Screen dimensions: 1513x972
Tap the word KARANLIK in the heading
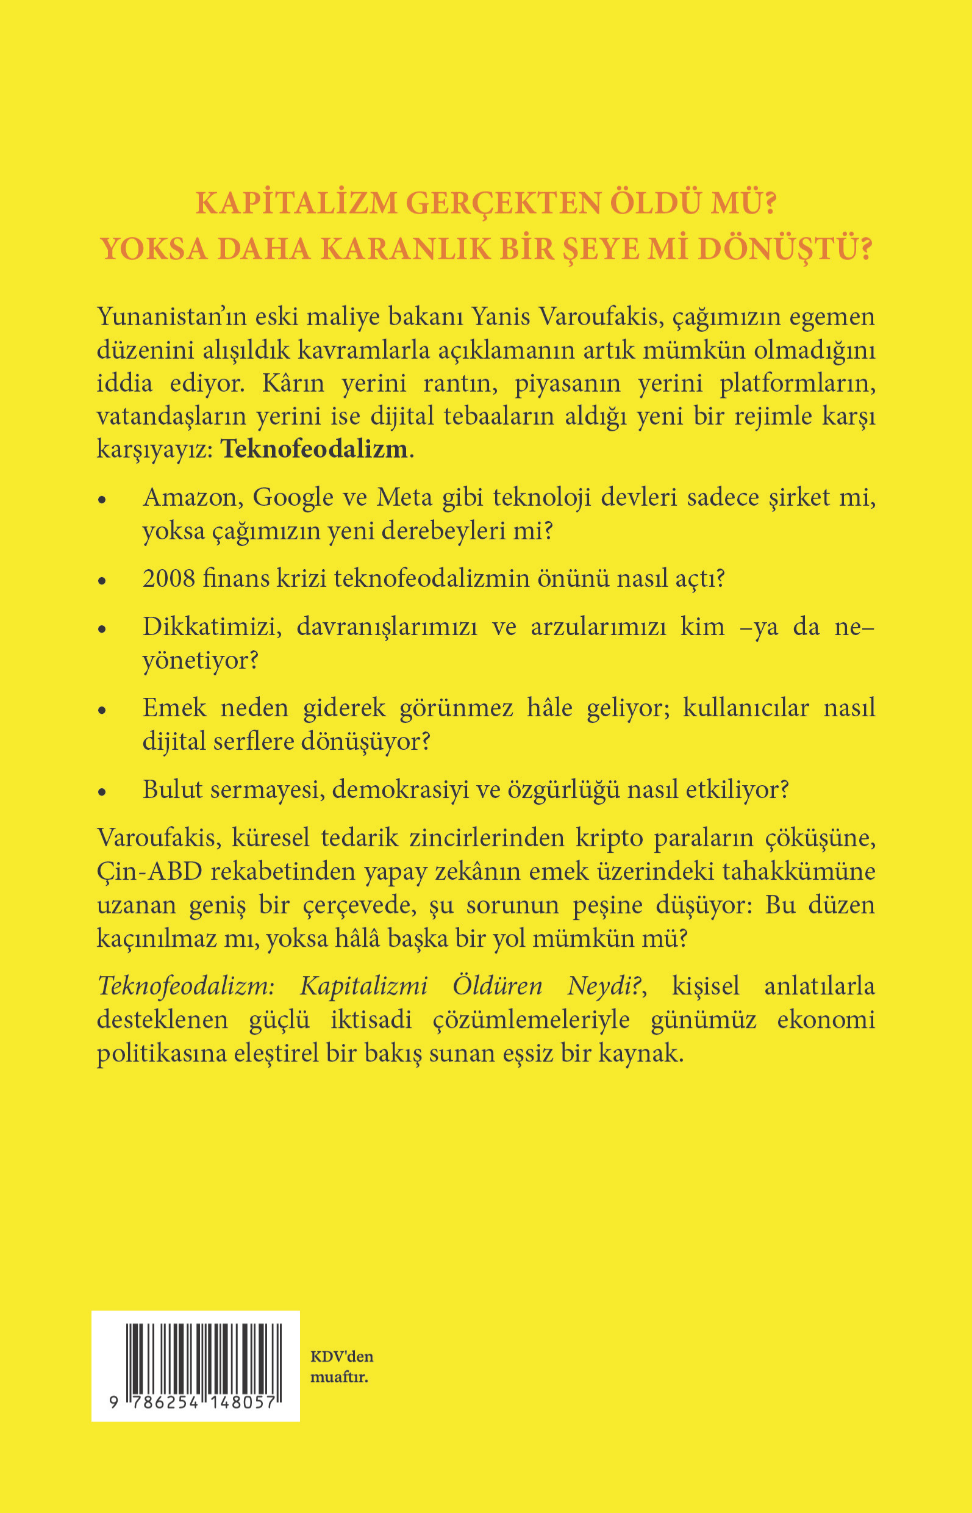point(404,250)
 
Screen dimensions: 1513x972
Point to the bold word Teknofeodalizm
point(313,449)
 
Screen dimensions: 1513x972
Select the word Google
point(293,498)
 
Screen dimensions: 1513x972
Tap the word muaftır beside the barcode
point(338,1377)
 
